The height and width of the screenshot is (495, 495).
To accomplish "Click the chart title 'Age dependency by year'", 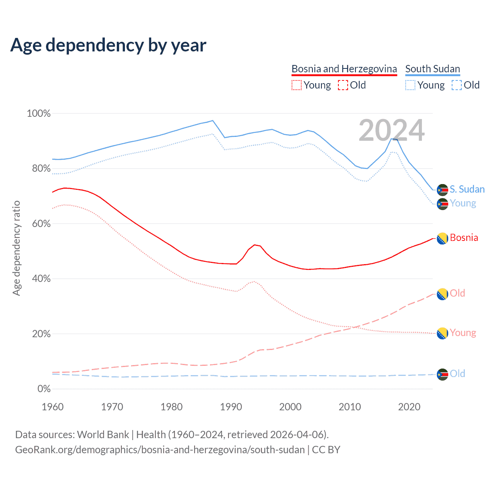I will click(108, 45).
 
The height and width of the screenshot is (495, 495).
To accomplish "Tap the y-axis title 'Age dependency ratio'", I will click(16, 248).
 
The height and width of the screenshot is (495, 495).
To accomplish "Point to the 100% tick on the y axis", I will click(39, 114).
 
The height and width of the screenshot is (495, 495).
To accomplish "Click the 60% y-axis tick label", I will click(41, 224).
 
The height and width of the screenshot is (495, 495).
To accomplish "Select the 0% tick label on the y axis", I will click(44, 389).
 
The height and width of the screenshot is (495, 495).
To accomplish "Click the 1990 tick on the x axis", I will click(231, 407).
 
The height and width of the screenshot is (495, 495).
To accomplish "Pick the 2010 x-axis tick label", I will click(350, 407).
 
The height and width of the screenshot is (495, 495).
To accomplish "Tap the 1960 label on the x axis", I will click(53, 407).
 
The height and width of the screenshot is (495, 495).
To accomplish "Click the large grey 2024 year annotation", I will click(391, 131).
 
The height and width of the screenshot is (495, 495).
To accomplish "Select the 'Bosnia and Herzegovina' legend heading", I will click(344, 69).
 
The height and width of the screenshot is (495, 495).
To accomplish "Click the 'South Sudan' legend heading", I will click(432, 69).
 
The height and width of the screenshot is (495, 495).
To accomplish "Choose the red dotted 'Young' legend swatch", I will click(296, 85).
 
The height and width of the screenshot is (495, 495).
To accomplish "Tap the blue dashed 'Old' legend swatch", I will click(456, 85).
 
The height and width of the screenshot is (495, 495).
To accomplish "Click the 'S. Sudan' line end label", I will click(467, 189).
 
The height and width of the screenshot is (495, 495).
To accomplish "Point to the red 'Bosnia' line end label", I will click(464, 238).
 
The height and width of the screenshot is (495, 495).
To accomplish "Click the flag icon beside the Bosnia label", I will click(442, 239).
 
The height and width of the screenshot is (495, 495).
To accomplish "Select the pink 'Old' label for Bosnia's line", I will click(457, 293).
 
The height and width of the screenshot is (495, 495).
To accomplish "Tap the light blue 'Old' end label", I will click(457, 374).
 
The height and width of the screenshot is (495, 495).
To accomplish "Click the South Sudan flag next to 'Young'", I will click(442, 204).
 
